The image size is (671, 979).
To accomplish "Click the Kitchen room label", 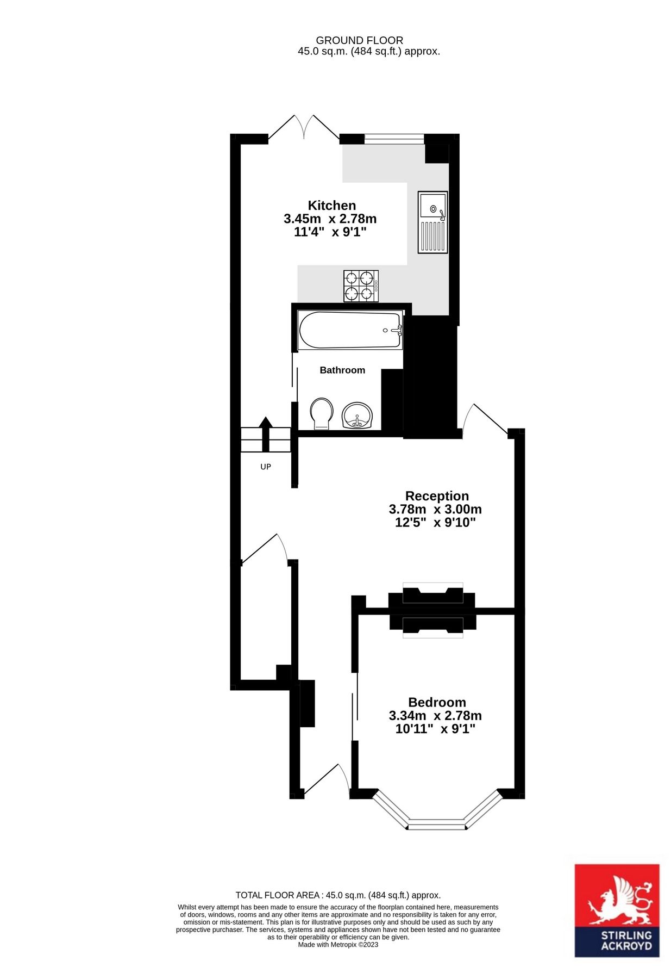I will tap(331, 206).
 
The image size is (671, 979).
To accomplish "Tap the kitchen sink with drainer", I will tap(432, 222).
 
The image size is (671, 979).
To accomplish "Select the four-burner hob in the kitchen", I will tap(361, 286).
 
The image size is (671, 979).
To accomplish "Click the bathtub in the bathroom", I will tap(350, 330).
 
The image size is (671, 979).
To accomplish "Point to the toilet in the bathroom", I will tap(321, 413).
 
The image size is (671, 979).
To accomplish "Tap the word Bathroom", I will tap(342, 370).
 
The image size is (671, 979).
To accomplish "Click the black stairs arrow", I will tap(266, 433).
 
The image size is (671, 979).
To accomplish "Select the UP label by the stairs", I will tap(266, 467).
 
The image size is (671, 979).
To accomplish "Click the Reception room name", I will tap(437, 496).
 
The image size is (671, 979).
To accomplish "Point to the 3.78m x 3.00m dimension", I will tap(435, 510).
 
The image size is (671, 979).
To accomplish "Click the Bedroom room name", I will tap(437, 702).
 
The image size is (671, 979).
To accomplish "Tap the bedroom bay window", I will tap(436, 823).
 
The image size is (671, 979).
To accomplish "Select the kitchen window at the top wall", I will tap(393, 139).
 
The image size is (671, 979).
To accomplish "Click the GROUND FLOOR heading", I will tap(359, 40).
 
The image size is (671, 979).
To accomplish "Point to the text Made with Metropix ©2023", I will tap(337, 945).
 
